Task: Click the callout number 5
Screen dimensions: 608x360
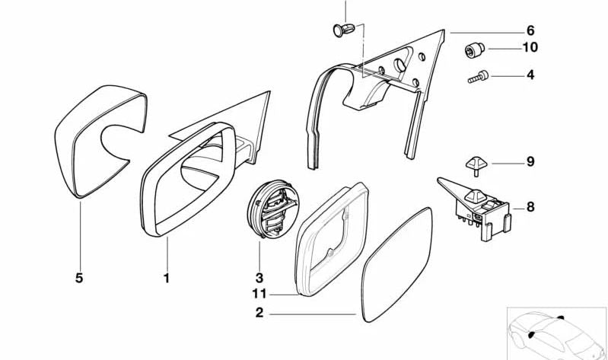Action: (79, 278)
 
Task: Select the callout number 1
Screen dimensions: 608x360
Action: (167, 278)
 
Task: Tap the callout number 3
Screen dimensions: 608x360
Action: (259, 278)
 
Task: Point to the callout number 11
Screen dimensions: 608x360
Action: (259, 294)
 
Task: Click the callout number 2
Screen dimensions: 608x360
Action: (259, 313)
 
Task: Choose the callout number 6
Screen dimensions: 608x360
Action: (530, 30)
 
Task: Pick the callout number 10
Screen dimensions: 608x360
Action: (530, 47)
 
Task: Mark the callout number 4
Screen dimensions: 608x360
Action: (530, 75)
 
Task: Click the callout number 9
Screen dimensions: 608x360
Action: (530, 161)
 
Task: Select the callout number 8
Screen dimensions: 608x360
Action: (530, 207)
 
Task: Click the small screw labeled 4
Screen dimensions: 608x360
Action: (478, 77)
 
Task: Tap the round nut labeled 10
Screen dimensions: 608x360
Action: (475, 49)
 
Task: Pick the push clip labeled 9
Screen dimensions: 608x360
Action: (476, 165)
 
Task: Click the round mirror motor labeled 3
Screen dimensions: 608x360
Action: (273, 209)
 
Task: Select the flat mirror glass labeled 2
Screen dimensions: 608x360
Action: (396, 265)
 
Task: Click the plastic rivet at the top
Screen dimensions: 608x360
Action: (343, 30)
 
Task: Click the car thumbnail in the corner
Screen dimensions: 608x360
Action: (557, 333)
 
